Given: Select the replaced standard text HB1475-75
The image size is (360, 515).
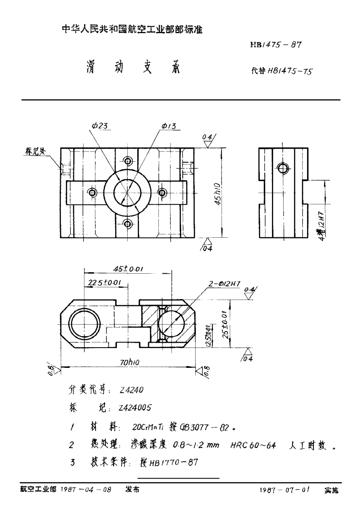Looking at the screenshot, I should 282,72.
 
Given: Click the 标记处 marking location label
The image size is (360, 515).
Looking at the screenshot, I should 35,152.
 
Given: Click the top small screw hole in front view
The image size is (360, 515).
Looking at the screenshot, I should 128,162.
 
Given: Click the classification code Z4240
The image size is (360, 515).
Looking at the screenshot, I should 129,390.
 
